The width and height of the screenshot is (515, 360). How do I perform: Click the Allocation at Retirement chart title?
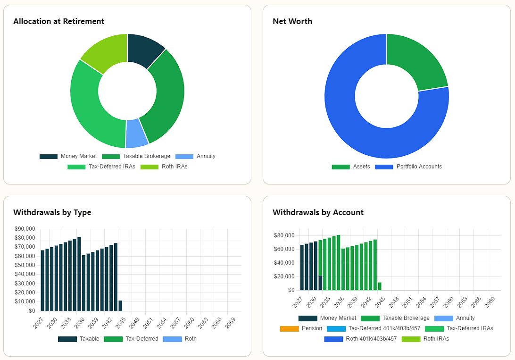tap(59, 21)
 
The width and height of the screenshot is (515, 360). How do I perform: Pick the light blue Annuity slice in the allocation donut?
tap(136, 134)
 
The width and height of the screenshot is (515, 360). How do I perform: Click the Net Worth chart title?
tap(292, 21)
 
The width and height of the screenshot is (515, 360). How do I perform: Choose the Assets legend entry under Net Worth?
tap(351, 167)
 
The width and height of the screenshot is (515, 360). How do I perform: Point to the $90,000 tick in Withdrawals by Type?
tap(25, 229)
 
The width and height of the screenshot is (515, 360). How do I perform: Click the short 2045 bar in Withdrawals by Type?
tap(120, 305)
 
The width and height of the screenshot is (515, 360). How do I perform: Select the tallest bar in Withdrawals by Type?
tap(79, 274)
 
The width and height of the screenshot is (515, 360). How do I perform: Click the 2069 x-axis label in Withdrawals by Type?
tap(230, 323)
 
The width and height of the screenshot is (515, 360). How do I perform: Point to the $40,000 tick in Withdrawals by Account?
tap(284, 263)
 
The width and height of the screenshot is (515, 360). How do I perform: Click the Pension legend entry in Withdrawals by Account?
tap(301, 328)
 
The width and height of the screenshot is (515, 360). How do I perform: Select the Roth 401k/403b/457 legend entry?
tap(360, 339)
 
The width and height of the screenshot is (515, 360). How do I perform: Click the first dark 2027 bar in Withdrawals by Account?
tap(302, 268)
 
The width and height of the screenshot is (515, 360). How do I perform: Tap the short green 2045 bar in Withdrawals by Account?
tap(380, 286)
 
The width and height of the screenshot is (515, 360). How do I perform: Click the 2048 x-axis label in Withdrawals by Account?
tap(393, 302)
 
